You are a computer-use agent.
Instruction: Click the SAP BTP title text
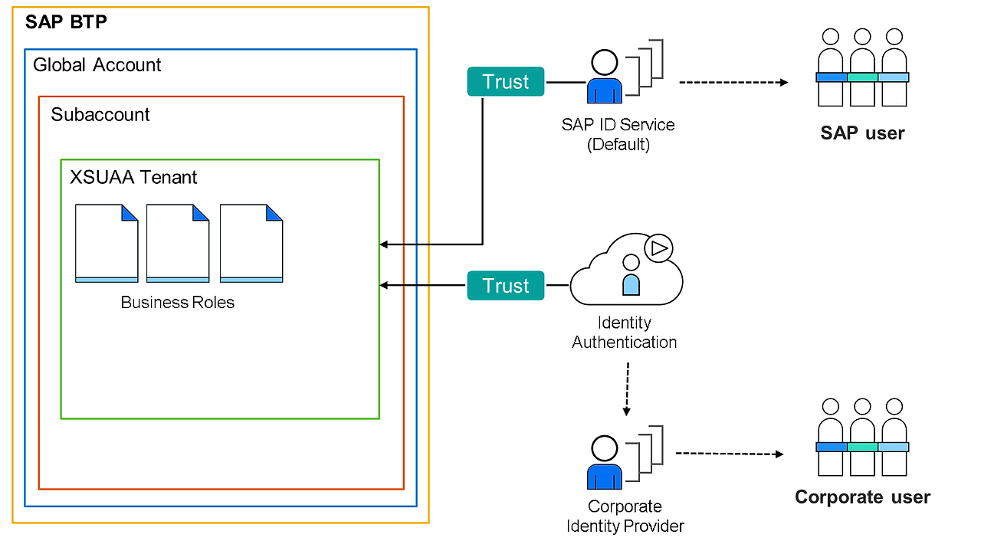(66, 21)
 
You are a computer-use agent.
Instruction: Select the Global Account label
(97, 65)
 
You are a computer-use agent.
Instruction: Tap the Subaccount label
(100, 115)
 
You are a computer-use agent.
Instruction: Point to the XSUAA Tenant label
(133, 178)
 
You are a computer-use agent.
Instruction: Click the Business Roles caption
(178, 303)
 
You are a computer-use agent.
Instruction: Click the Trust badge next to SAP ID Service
(506, 82)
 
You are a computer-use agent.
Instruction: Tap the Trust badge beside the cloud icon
(506, 286)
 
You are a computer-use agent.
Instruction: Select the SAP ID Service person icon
(605, 77)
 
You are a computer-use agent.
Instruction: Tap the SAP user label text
(862, 133)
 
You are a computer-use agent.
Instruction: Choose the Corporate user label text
(862, 497)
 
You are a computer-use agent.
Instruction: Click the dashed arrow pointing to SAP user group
(733, 82)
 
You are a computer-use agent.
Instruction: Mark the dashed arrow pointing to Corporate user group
(730, 454)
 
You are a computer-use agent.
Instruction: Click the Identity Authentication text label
(625, 333)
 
